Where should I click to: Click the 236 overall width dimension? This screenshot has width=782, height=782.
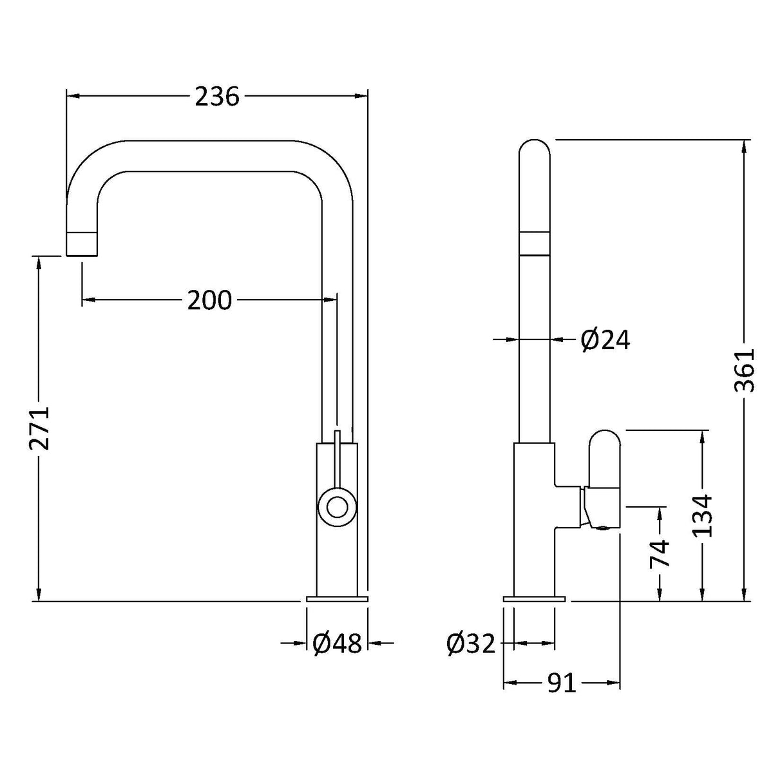[217, 97]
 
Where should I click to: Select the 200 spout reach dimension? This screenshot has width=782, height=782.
[209, 300]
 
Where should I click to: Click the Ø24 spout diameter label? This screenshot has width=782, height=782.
[605, 339]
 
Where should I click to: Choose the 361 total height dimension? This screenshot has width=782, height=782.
[744, 371]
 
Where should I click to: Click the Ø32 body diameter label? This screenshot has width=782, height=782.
[472, 644]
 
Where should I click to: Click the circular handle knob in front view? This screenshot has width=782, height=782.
[336, 507]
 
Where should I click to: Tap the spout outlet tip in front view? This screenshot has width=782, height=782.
[82, 243]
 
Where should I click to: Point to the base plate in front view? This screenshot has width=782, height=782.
[336, 598]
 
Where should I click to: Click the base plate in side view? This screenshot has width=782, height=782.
[534, 598]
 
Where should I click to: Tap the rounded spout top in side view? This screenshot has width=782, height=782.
[535, 151]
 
